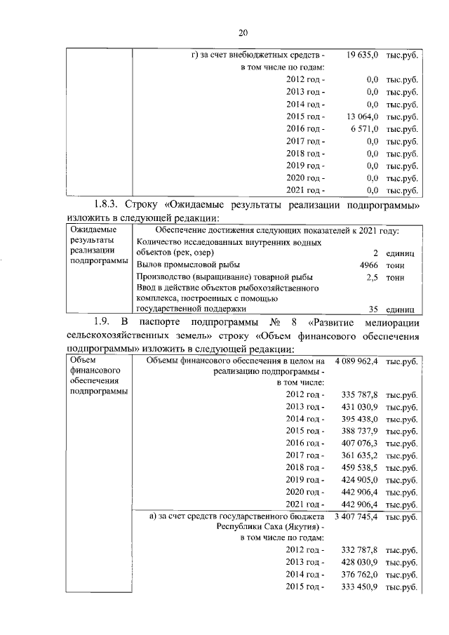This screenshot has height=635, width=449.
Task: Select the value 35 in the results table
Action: click(x=373, y=307)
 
